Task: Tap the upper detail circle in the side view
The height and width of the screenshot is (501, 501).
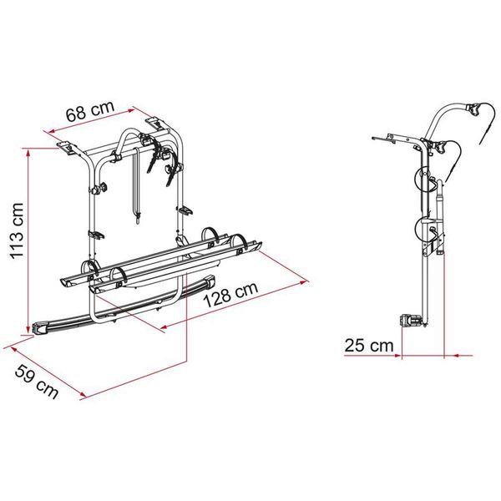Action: (425, 180)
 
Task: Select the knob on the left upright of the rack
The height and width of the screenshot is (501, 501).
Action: (101, 188)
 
